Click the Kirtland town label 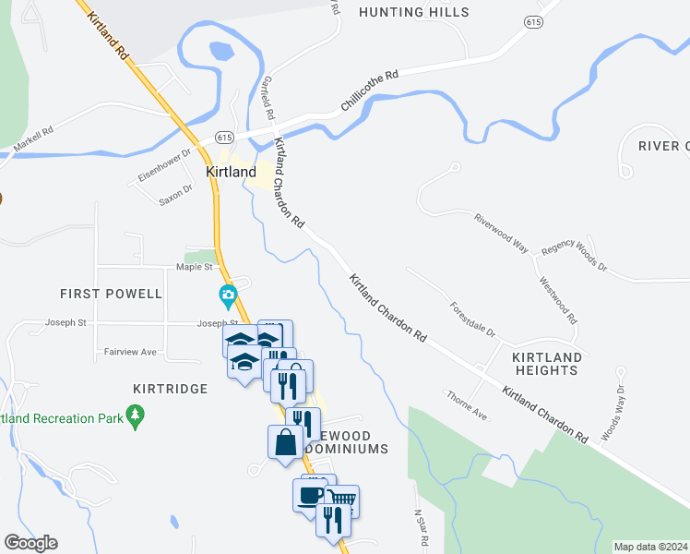coord(230,172)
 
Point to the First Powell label coord(111,294)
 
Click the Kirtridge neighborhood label coord(170,389)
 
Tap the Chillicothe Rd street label coord(369,90)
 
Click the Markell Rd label coord(34,136)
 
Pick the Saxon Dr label coord(175,194)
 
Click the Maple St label coord(195,267)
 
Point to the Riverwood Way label coord(501,233)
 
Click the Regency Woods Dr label coord(575,256)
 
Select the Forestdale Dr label coord(472,319)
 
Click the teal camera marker coord(227,296)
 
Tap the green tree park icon coord(136,415)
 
